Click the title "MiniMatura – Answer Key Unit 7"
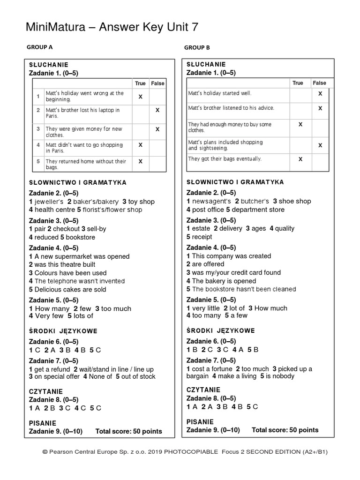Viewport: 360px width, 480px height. coord(112,28)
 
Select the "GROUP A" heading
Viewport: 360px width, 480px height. coord(40,47)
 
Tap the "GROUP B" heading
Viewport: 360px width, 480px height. coord(197,47)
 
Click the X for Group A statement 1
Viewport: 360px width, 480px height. coord(140,97)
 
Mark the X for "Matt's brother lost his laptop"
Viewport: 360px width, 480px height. coord(157,110)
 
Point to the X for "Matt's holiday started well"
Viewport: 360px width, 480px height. coord(320,93)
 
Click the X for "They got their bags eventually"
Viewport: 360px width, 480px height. coord(300,159)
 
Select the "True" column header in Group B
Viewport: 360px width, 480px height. coord(298,83)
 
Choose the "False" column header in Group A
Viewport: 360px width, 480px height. coord(157,83)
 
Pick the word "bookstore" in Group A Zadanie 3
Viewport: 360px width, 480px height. coord(81,237)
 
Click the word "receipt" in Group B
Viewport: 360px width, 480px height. coord(202,237)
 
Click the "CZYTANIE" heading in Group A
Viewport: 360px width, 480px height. coord(46,391)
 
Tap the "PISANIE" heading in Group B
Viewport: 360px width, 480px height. coord(200,422)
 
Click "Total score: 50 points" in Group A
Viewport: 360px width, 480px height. coord(129,431)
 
